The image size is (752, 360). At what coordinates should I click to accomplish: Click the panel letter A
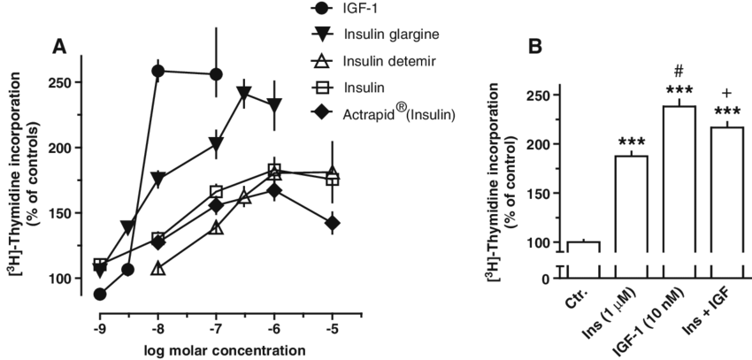(x=59, y=47)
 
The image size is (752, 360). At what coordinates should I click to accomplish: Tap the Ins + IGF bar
(x=725, y=203)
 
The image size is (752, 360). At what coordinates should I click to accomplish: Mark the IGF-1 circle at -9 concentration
(x=99, y=294)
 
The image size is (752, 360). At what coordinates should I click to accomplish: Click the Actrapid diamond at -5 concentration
(x=332, y=223)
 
